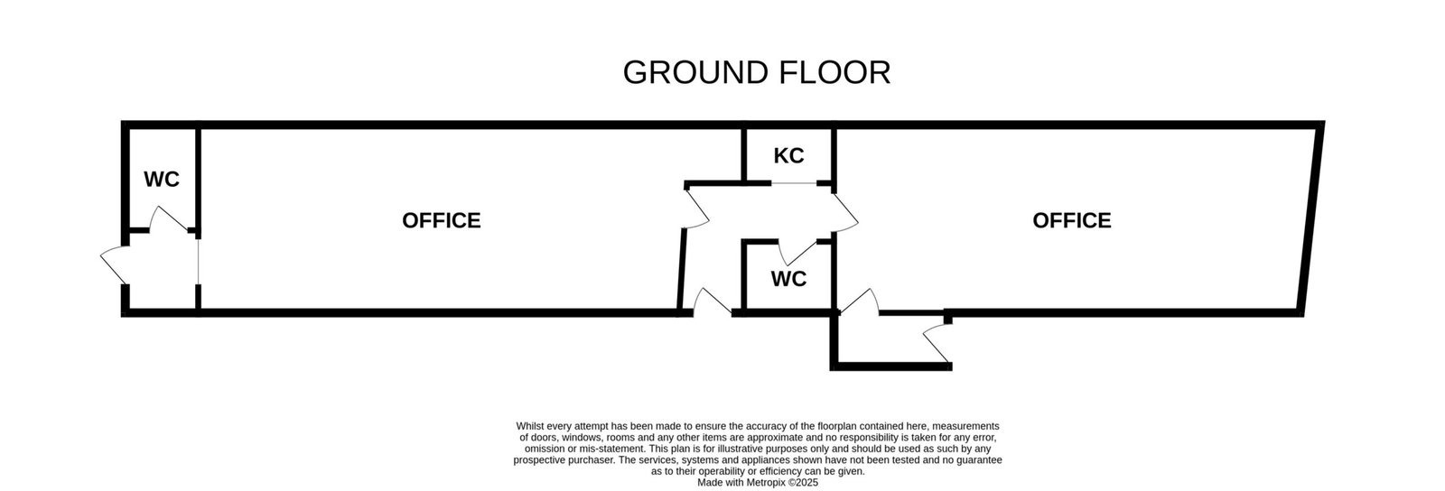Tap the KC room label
(788, 156)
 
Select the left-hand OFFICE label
(441, 220)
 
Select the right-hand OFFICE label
(1071, 220)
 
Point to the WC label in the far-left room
(162, 180)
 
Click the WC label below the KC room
(788, 279)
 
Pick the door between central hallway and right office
(844, 213)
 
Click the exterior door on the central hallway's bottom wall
(713, 302)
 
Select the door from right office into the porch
(860, 302)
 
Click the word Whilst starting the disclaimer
(531, 426)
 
